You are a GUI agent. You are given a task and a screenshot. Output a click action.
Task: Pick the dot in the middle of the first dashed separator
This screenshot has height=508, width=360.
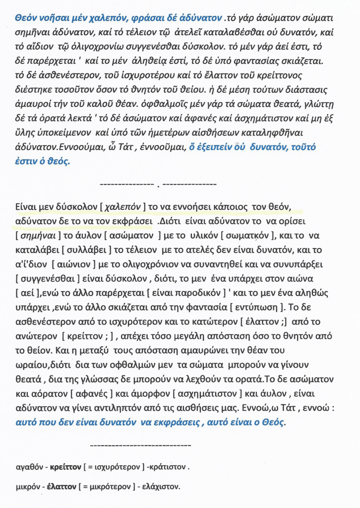pos(157,186)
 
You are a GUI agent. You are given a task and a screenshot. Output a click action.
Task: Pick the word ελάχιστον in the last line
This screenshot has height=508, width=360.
pos(162,487)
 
